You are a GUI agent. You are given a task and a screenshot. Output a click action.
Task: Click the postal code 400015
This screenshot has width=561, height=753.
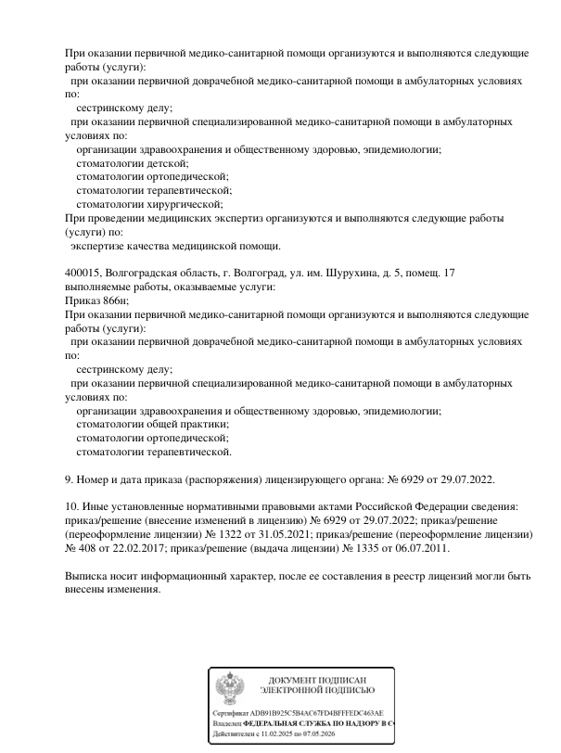(x=83, y=274)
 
